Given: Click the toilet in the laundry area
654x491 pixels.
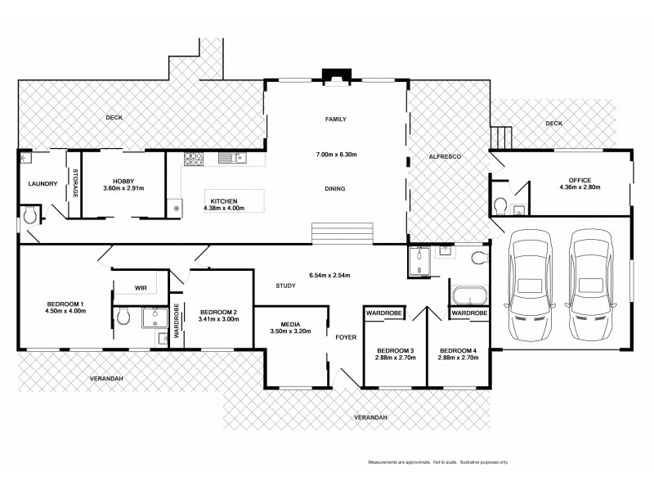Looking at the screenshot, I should pos(30,215).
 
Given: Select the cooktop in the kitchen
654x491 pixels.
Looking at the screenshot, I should pos(193,158).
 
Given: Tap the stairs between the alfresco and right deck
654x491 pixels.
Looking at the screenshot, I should pos(500,137).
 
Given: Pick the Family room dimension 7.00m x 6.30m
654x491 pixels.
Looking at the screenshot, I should pos(335,155).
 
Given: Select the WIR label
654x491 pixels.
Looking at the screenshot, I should pos(140,287).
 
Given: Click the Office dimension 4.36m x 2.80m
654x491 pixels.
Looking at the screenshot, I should pos(580,188).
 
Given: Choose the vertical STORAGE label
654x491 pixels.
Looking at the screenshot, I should pos(75,185).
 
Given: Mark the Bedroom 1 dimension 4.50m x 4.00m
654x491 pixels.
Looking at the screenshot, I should pos(65,311).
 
